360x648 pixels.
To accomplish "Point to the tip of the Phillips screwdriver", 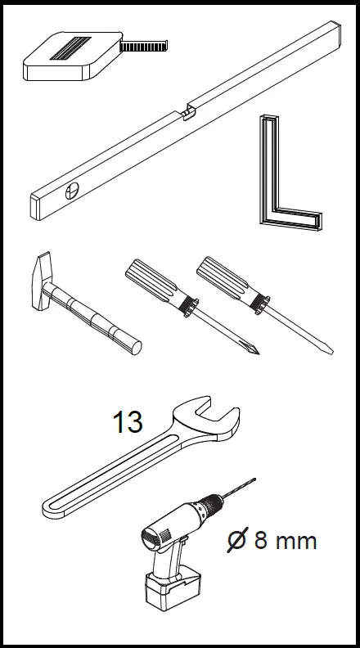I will (x=256, y=353).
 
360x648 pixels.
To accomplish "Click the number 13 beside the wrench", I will (x=127, y=423).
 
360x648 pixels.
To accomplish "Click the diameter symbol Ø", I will (x=236, y=541).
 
